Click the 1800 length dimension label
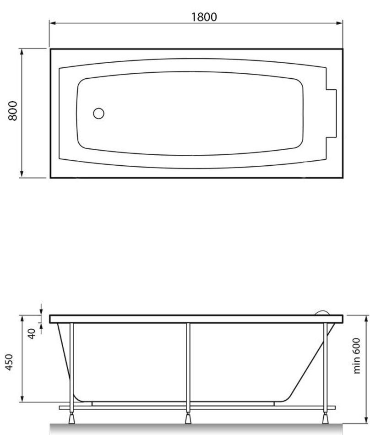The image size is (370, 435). [204, 17]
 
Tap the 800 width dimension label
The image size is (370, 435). [13, 111]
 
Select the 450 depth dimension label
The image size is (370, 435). [9, 362]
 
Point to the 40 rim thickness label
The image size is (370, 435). [32, 334]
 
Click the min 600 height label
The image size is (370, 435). [357, 356]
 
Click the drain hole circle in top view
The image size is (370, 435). [98, 114]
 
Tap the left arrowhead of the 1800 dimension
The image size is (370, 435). [53, 23]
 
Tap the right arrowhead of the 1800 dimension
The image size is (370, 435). [339, 23]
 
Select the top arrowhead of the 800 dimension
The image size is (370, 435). [22, 52]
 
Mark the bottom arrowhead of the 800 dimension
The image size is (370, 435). [22, 174]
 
